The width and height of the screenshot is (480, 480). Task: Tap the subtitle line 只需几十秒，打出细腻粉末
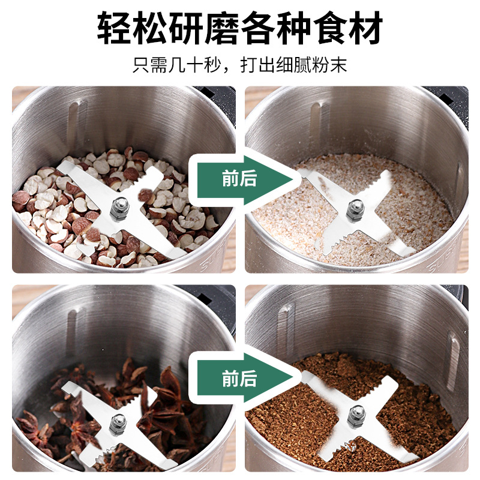pos(239,65)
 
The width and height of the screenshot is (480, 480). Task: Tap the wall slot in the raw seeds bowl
pos(73,120)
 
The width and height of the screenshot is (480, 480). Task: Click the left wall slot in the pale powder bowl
pos(315,120)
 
